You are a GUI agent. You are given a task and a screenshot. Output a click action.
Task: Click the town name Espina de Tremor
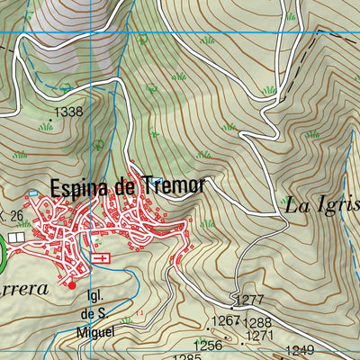coord(128,188)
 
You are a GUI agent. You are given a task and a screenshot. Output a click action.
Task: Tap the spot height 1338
coord(68,112)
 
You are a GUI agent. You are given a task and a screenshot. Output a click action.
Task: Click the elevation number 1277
coord(248,299)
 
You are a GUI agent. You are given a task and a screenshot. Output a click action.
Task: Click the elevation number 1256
coord(208,345)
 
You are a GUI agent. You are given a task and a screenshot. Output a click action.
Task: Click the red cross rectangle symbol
coord(102,258)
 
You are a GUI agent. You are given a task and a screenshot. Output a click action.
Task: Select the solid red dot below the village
coord(72,285)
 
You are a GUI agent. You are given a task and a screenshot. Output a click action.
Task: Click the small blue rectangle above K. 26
coord(33,193)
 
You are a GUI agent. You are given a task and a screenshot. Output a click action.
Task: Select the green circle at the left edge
coord(2,254)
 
